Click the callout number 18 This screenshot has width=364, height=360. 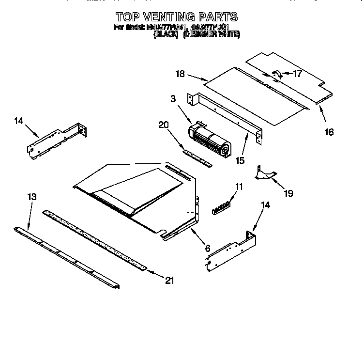coord(180,74)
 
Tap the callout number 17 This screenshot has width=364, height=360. coord(297,74)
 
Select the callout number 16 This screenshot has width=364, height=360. coord(329,131)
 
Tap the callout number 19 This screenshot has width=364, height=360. coord(288,193)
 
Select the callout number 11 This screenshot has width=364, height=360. coord(239,187)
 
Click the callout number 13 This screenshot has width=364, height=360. coord(31,197)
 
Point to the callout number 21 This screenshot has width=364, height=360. coord(169,280)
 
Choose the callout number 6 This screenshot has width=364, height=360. coord(207,249)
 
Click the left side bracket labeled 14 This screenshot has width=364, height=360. coord(57,141)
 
